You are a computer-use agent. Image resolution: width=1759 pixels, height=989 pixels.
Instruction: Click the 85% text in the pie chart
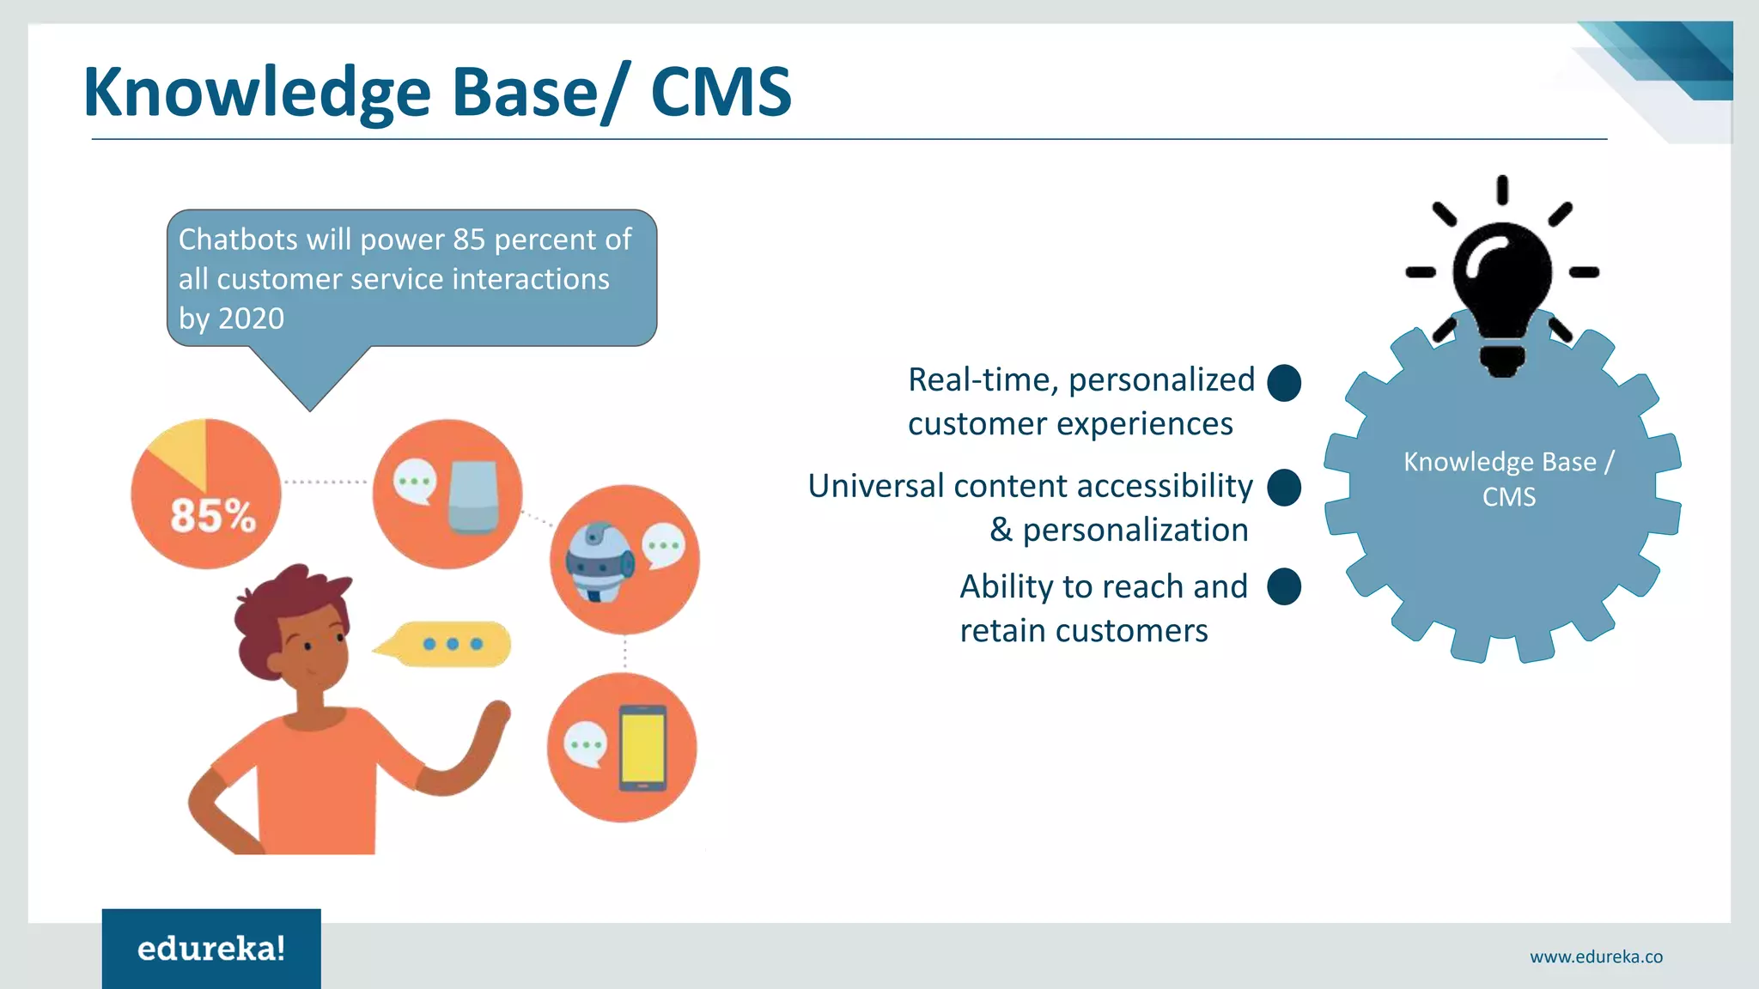click(x=213, y=517)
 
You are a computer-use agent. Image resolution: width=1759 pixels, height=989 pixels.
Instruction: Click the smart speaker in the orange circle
click(x=473, y=496)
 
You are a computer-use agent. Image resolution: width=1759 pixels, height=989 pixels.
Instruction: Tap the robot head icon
click(x=599, y=562)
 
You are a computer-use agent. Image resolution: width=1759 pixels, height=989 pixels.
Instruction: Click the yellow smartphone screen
click(x=643, y=746)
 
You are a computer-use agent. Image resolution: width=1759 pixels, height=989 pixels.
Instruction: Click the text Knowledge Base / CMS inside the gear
click(x=1509, y=479)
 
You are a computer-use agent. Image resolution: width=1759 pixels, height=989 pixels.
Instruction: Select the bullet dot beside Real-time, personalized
click(x=1284, y=383)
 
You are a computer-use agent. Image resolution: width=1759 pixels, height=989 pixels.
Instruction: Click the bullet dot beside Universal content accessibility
click(x=1284, y=488)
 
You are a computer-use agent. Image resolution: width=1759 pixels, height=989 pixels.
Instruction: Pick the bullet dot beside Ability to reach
click(x=1284, y=587)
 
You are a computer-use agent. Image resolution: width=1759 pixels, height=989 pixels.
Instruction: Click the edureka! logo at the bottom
click(x=211, y=949)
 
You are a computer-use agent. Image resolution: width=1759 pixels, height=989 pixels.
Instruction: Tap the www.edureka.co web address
click(x=1596, y=956)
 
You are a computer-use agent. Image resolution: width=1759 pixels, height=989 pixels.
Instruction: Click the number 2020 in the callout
click(x=251, y=319)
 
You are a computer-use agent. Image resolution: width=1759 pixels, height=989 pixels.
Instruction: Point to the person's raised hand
click(x=496, y=713)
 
